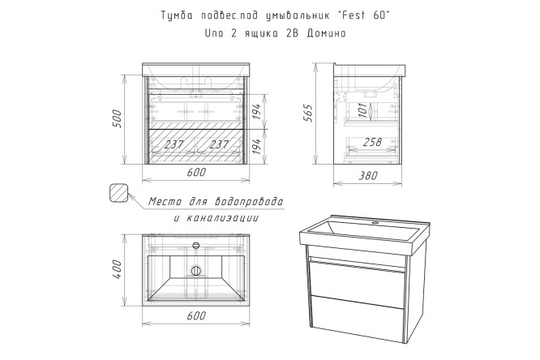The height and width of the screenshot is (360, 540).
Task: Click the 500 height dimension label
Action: [118, 119]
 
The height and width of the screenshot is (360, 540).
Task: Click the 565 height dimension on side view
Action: [307, 113]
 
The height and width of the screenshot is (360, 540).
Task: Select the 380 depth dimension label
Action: [367, 176]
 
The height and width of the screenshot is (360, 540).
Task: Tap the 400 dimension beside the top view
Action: [118, 269]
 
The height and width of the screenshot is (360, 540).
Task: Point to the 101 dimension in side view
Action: [363, 110]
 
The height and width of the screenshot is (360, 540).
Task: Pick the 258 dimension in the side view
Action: [372, 142]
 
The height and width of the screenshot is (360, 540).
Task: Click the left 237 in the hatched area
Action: [174, 144]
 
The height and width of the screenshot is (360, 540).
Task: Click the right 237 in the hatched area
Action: [219, 144]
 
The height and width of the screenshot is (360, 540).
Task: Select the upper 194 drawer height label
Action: [257, 111]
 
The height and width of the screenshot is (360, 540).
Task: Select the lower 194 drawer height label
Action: [257, 146]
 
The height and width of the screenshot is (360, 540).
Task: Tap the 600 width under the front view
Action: [196, 172]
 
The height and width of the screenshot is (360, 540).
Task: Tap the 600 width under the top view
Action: [196, 315]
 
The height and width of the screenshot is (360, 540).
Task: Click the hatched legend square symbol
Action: [118, 193]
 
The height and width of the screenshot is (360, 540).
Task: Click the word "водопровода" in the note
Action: [249, 202]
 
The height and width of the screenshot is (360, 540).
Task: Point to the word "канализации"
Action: [222, 218]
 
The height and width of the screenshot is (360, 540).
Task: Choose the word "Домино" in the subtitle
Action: [326, 33]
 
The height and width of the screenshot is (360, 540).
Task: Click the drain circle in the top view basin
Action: [196, 271]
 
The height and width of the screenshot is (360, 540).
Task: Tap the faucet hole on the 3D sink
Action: [375, 222]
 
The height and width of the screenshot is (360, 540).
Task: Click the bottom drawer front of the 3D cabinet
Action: [357, 319]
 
